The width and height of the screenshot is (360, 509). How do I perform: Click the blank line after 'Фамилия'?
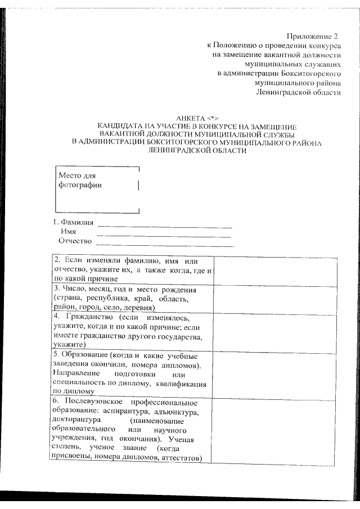[x=164, y=226]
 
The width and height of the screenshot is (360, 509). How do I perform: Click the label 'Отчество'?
[x=75, y=241]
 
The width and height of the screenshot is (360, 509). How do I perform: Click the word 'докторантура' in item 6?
[x=75, y=420]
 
